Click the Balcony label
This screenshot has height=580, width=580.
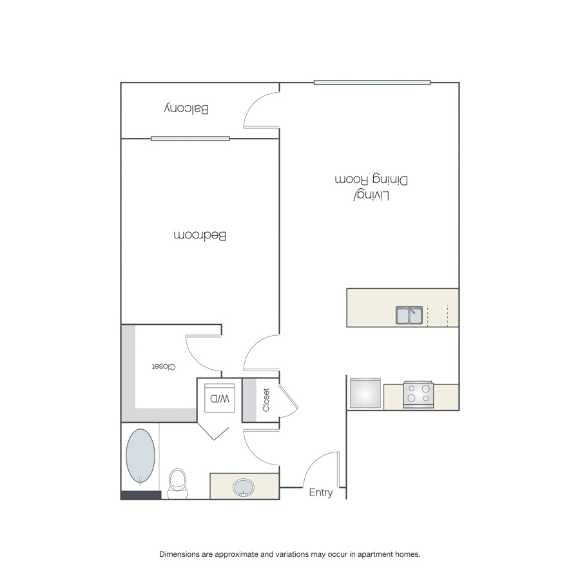186,109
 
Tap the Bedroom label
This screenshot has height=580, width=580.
200,235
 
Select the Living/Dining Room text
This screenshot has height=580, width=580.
371,187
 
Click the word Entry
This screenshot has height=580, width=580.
321,493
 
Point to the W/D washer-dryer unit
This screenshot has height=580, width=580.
220,398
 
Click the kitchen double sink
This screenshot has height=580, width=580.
409,315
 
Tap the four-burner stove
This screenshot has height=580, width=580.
418,394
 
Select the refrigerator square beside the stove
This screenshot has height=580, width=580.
365,393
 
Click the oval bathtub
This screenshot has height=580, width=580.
140,456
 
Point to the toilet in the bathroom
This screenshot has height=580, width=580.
178,483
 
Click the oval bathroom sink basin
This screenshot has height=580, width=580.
244,488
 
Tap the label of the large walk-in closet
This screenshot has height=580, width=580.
164,367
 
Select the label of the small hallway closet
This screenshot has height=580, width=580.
266,400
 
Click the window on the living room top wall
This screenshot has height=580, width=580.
372,82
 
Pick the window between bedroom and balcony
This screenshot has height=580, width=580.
190,139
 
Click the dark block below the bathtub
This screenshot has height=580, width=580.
141,495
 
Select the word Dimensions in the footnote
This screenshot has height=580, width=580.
179,554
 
